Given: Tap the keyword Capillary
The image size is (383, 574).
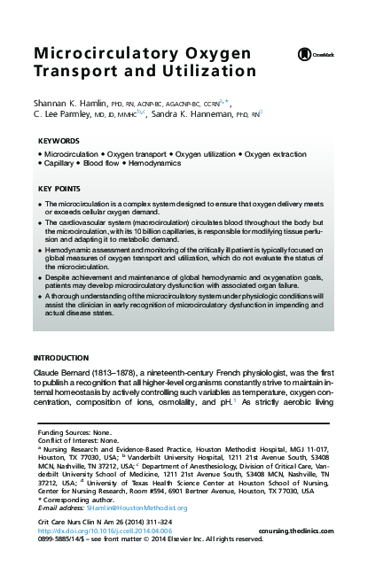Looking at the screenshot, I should point(59,164).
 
